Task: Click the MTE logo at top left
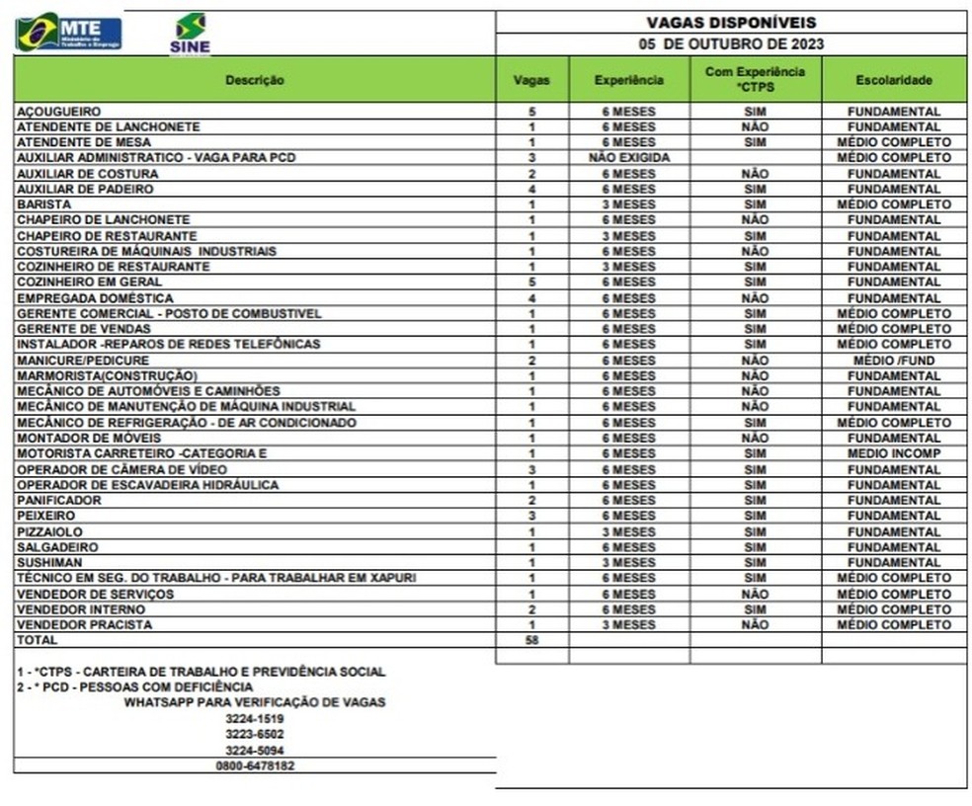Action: point(69,33)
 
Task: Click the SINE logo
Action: point(190,34)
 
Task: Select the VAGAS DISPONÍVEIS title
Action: point(731,23)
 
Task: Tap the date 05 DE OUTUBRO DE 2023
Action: point(731,44)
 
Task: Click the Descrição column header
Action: point(254,80)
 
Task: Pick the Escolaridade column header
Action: point(894,80)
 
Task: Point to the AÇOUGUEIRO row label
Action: point(59,112)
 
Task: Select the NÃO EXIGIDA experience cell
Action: point(628,158)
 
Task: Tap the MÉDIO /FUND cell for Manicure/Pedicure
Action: point(894,361)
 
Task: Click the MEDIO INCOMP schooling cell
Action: point(894,453)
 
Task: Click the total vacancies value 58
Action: point(531,640)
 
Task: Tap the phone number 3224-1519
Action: point(254,718)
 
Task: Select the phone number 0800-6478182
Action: point(254,766)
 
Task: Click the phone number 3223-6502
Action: point(254,734)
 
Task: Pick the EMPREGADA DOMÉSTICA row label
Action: point(95,298)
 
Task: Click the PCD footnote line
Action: point(135,686)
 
